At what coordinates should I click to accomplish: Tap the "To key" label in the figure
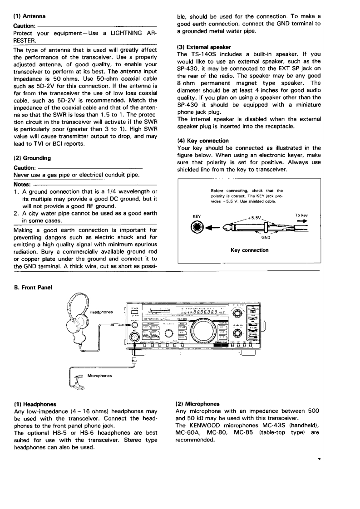coord(301,215)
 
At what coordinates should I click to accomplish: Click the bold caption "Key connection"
coord(249,250)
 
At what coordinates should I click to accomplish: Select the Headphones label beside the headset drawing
coord(100,312)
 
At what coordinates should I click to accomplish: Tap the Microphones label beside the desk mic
coord(101,376)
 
